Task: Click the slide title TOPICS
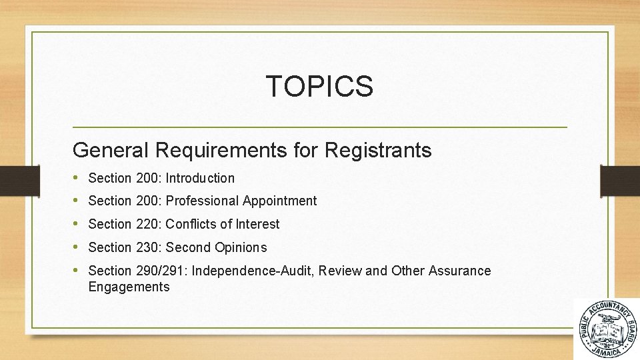(x=319, y=86)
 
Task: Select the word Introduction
(x=200, y=178)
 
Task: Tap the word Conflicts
(x=190, y=224)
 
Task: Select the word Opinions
(x=241, y=247)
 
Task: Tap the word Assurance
(x=460, y=271)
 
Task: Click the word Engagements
(x=129, y=287)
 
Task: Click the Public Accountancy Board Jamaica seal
(x=606, y=329)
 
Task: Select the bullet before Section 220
(x=77, y=224)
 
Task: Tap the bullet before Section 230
(x=77, y=247)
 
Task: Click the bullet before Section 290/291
(x=77, y=271)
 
